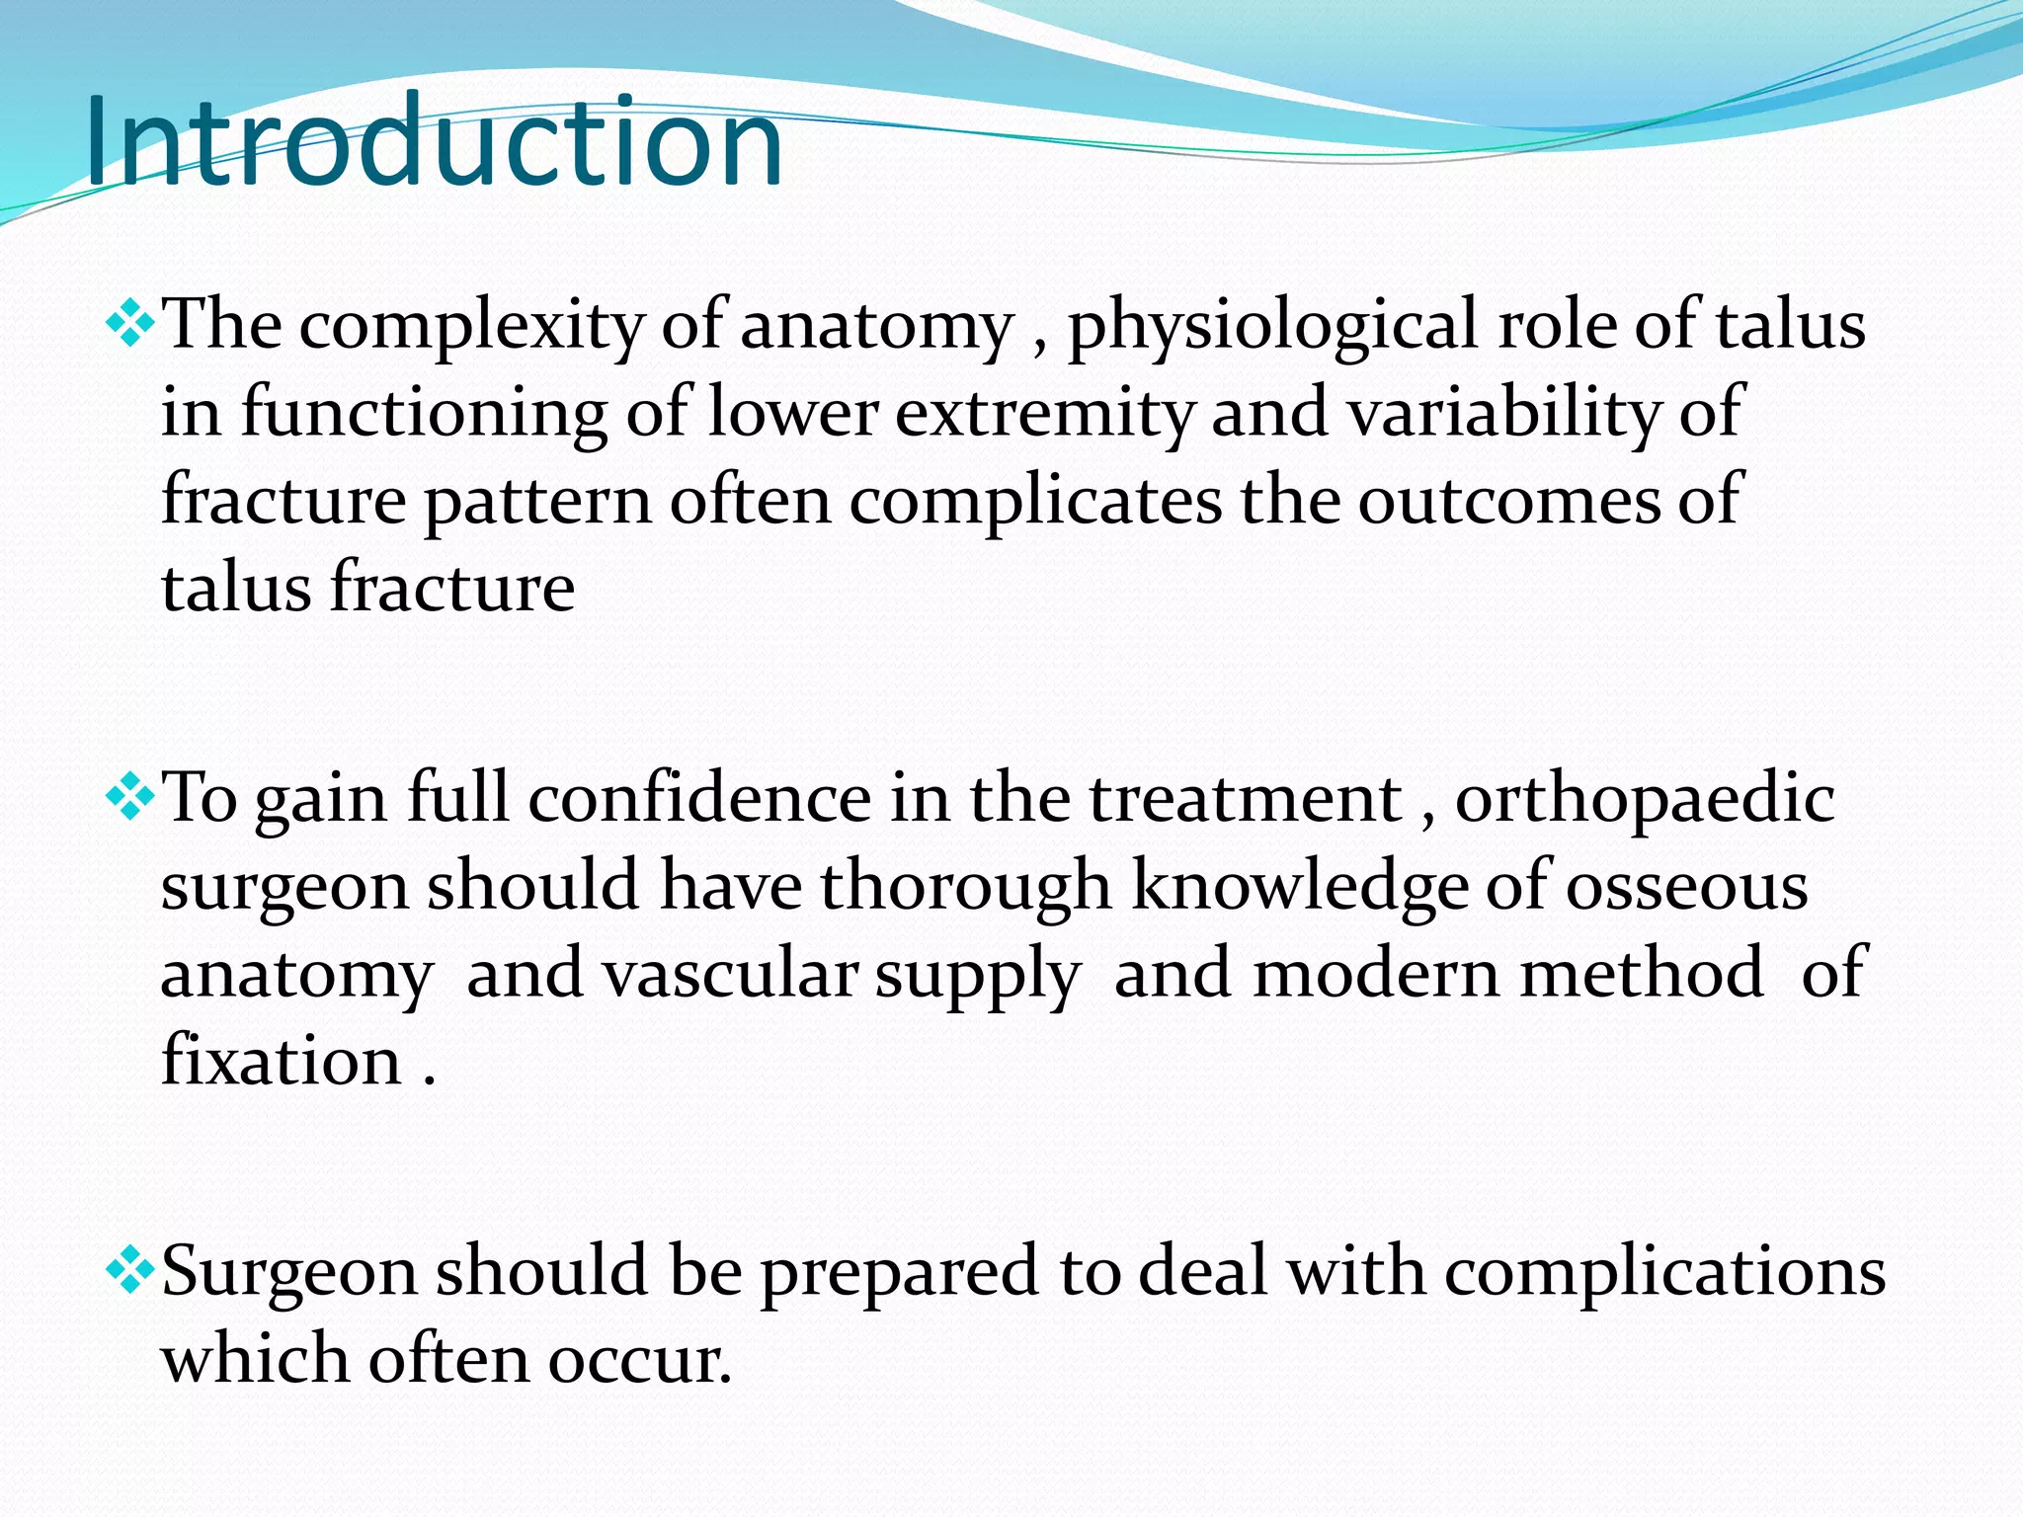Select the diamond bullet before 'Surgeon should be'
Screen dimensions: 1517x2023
129,1271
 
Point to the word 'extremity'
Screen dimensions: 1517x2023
1044,413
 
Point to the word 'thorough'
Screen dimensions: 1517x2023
965,886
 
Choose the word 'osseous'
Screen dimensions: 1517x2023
1686,886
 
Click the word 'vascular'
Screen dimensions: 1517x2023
730,974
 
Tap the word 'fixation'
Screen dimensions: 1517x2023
282,1061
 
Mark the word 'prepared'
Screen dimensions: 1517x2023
899,1271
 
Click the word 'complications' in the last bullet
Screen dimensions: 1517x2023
1665,1271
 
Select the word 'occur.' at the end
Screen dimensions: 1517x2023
640,1360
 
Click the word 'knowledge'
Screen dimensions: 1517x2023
1299,886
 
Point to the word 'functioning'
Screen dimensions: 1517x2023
424,413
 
